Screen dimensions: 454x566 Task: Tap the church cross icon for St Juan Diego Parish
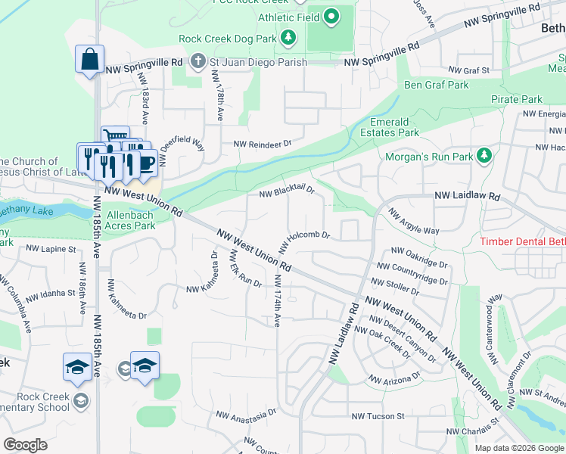point(197,61)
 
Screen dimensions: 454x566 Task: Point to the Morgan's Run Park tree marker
point(484,157)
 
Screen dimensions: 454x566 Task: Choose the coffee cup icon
point(146,163)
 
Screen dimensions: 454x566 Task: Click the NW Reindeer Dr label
point(262,143)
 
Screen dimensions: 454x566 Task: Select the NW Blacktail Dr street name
point(286,193)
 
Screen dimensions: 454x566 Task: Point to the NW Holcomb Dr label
point(304,241)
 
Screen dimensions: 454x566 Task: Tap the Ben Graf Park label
point(436,85)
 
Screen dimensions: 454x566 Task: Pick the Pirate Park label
point(516,99)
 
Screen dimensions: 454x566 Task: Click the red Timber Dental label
point(523,242)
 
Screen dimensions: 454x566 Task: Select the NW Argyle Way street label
point(414,221)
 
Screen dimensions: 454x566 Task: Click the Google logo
point(25,444)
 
